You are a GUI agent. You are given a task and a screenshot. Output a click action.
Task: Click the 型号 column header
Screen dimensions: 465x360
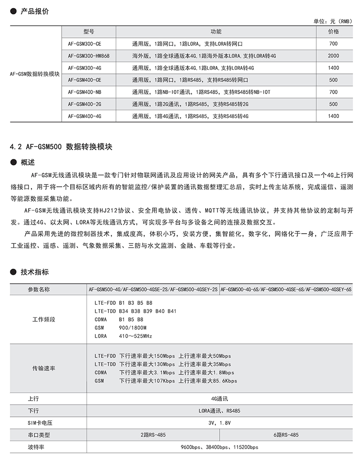89,32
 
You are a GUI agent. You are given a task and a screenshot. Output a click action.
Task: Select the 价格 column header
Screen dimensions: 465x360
333,32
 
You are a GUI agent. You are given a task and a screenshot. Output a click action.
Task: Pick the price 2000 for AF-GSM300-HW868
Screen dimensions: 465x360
333,56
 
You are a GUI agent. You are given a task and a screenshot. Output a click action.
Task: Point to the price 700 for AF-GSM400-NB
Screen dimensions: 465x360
333,92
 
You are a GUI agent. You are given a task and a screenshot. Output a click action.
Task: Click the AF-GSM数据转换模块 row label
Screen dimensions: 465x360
34,74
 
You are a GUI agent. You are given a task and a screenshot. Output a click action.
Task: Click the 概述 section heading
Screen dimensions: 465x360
28,162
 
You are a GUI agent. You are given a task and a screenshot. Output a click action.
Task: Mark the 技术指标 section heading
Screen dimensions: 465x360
35,272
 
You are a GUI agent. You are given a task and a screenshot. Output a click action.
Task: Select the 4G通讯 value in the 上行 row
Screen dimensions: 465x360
220,398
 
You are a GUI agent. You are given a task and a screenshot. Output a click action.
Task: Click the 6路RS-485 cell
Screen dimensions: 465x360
286,435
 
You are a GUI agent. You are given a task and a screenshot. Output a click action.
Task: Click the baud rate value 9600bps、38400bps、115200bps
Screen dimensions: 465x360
220,447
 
